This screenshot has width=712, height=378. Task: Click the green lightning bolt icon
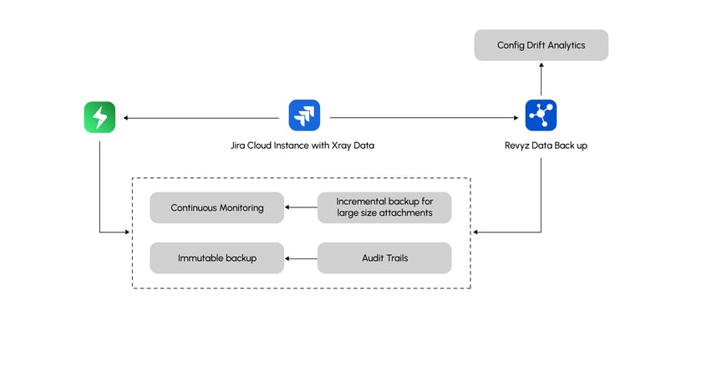[x=99, y=116]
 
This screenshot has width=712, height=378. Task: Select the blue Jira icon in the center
[x=304, y=115]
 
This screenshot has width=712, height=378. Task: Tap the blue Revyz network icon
[x=541, y=115]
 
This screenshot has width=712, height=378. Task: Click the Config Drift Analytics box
[x=541, y=45]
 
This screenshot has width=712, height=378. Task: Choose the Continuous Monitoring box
[x=216, y=207]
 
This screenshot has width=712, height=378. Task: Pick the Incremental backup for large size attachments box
[x=384, y=207]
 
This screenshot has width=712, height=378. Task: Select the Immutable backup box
[x=216, y=258]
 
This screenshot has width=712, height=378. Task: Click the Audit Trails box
[x=384, y=258]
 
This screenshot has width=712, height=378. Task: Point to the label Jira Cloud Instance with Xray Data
[x=302, y=146]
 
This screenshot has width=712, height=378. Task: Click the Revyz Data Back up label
[x=541, y=146]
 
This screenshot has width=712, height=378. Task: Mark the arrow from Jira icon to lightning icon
[x=201, y=117]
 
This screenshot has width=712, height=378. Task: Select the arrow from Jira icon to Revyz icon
[x=418, y=117]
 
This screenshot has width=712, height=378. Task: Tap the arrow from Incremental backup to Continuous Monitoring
[x=301, y=207]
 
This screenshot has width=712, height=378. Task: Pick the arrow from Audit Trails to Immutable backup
[x=301, y=258]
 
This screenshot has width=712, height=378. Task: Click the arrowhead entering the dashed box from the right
[x=476, y=232]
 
